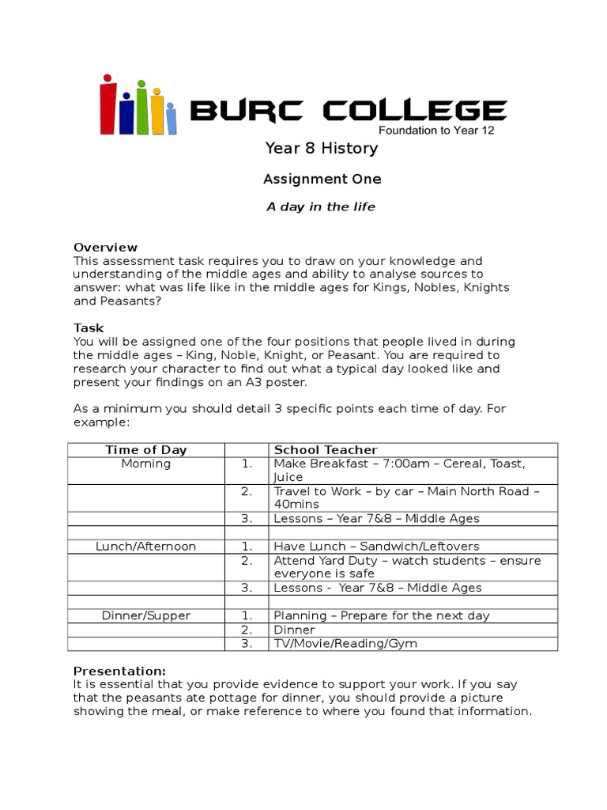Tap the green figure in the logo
tap(141, 108)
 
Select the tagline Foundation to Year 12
tap(437, 131)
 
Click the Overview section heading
tap(105, 248)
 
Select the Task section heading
tap(89, 328)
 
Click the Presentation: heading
tap(119, 671)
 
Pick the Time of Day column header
tap(146, 450)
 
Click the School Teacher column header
tap(326, 450)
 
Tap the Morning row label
tap(146, 464)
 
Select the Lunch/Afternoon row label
tap(146, 547)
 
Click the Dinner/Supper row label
tap(146, 615)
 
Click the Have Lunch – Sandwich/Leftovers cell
tap(376, 547)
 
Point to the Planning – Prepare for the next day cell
tap(381, 615)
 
